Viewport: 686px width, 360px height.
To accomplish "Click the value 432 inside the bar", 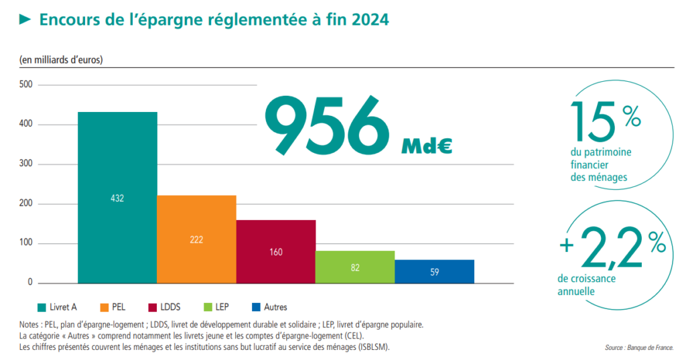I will [117, 198].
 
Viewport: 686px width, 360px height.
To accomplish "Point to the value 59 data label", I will [434, 272].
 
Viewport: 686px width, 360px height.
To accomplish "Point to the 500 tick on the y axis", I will [25, 85].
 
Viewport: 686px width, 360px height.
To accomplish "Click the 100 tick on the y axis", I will [25, 244].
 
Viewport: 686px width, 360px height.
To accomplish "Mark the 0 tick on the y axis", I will [30, 283].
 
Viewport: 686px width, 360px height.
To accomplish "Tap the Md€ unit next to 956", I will [427, 146].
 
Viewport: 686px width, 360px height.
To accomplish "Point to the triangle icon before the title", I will [25, 20].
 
